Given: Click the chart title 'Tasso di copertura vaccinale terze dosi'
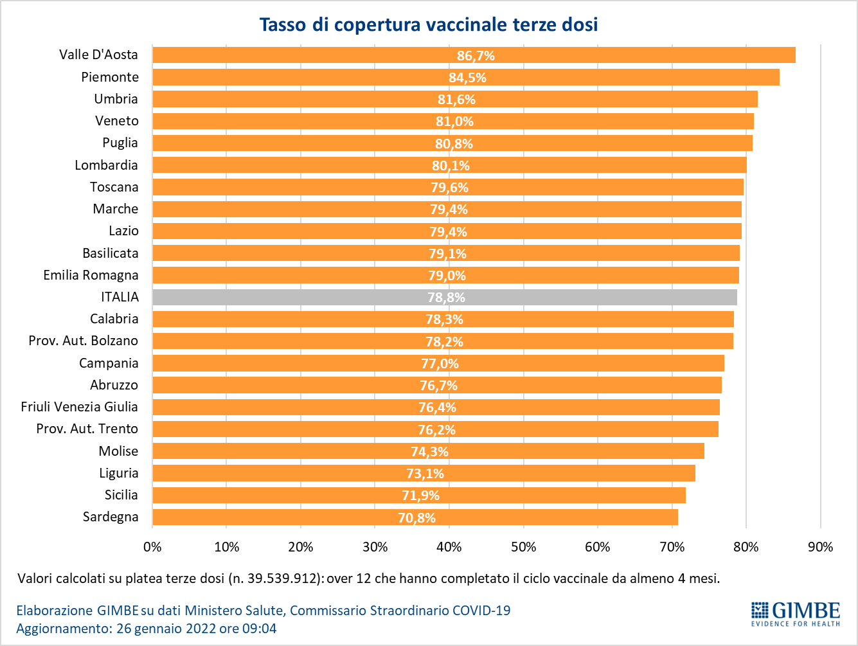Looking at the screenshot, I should click(429, 24).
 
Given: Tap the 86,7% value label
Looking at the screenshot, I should click(476, 56).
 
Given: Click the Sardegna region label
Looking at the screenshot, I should click(111, 517).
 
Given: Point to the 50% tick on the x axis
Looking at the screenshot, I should click(523, 547).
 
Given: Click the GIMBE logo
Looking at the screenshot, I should click(796, 614).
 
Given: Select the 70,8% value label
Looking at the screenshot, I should click(416, 517).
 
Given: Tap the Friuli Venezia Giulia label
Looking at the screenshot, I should click(79, 407).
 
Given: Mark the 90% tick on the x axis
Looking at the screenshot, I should click(820, 547).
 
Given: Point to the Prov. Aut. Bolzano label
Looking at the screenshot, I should click(83, 341).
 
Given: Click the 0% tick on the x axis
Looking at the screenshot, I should click(152, 547).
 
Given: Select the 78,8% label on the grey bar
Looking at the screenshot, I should click(446, 298).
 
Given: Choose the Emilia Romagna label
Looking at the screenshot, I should click(91, 275).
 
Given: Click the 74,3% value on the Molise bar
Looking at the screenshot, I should click(429, 452).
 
